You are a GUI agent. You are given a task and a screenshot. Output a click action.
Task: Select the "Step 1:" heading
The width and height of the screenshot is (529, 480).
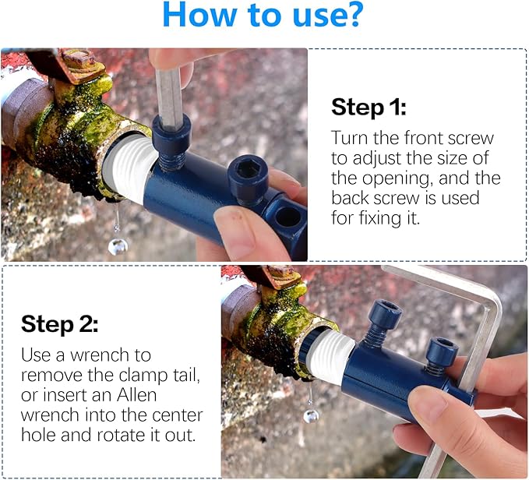(x=369, y=107)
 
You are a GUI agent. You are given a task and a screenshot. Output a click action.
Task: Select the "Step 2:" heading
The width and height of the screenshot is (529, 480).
(x=58, y=323)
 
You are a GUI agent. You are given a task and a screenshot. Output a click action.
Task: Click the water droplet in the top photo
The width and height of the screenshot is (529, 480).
(x=118, y=246)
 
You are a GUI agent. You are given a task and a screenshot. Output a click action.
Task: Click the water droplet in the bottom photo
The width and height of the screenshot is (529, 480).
(x=311, y=415)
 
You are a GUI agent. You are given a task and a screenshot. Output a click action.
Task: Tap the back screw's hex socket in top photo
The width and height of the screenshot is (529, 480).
(x=249, y=168)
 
